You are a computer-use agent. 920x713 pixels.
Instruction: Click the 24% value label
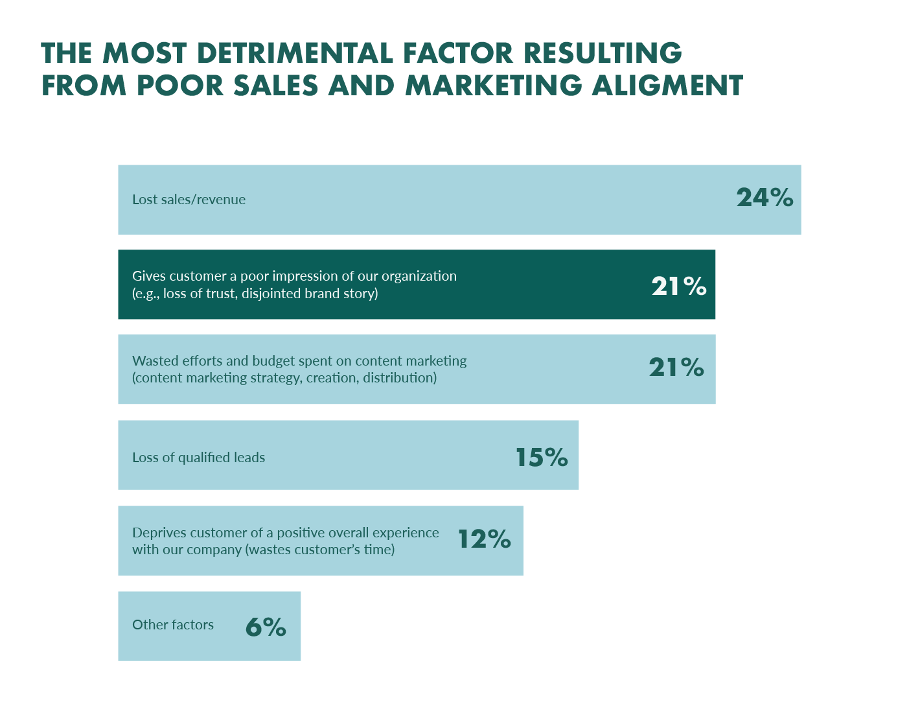point(765,198)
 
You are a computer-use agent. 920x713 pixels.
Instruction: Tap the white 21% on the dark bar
point(678,286)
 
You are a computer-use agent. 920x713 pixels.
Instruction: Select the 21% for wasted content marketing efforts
point(676,368)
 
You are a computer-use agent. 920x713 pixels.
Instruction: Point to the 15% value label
point(542,458)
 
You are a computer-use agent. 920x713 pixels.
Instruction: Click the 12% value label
point(485,539)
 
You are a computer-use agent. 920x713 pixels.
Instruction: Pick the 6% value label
point(266,627)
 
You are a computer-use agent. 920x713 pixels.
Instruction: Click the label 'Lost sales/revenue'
point(189,200)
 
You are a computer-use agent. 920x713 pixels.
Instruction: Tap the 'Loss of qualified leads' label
point(198,458)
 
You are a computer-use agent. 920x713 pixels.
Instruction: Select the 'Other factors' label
point(173,625)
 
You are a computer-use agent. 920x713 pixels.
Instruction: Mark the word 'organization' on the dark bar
point(419,276)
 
